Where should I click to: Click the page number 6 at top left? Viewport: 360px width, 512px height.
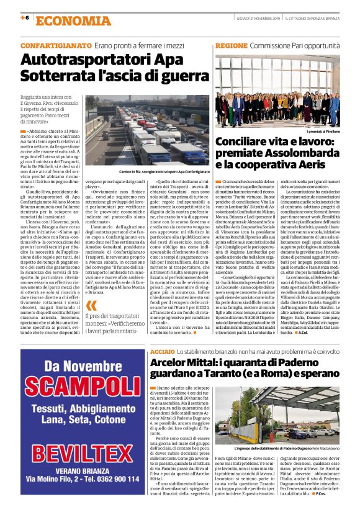(27, 19)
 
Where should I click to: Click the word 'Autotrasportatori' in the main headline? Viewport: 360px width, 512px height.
(83, 61)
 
